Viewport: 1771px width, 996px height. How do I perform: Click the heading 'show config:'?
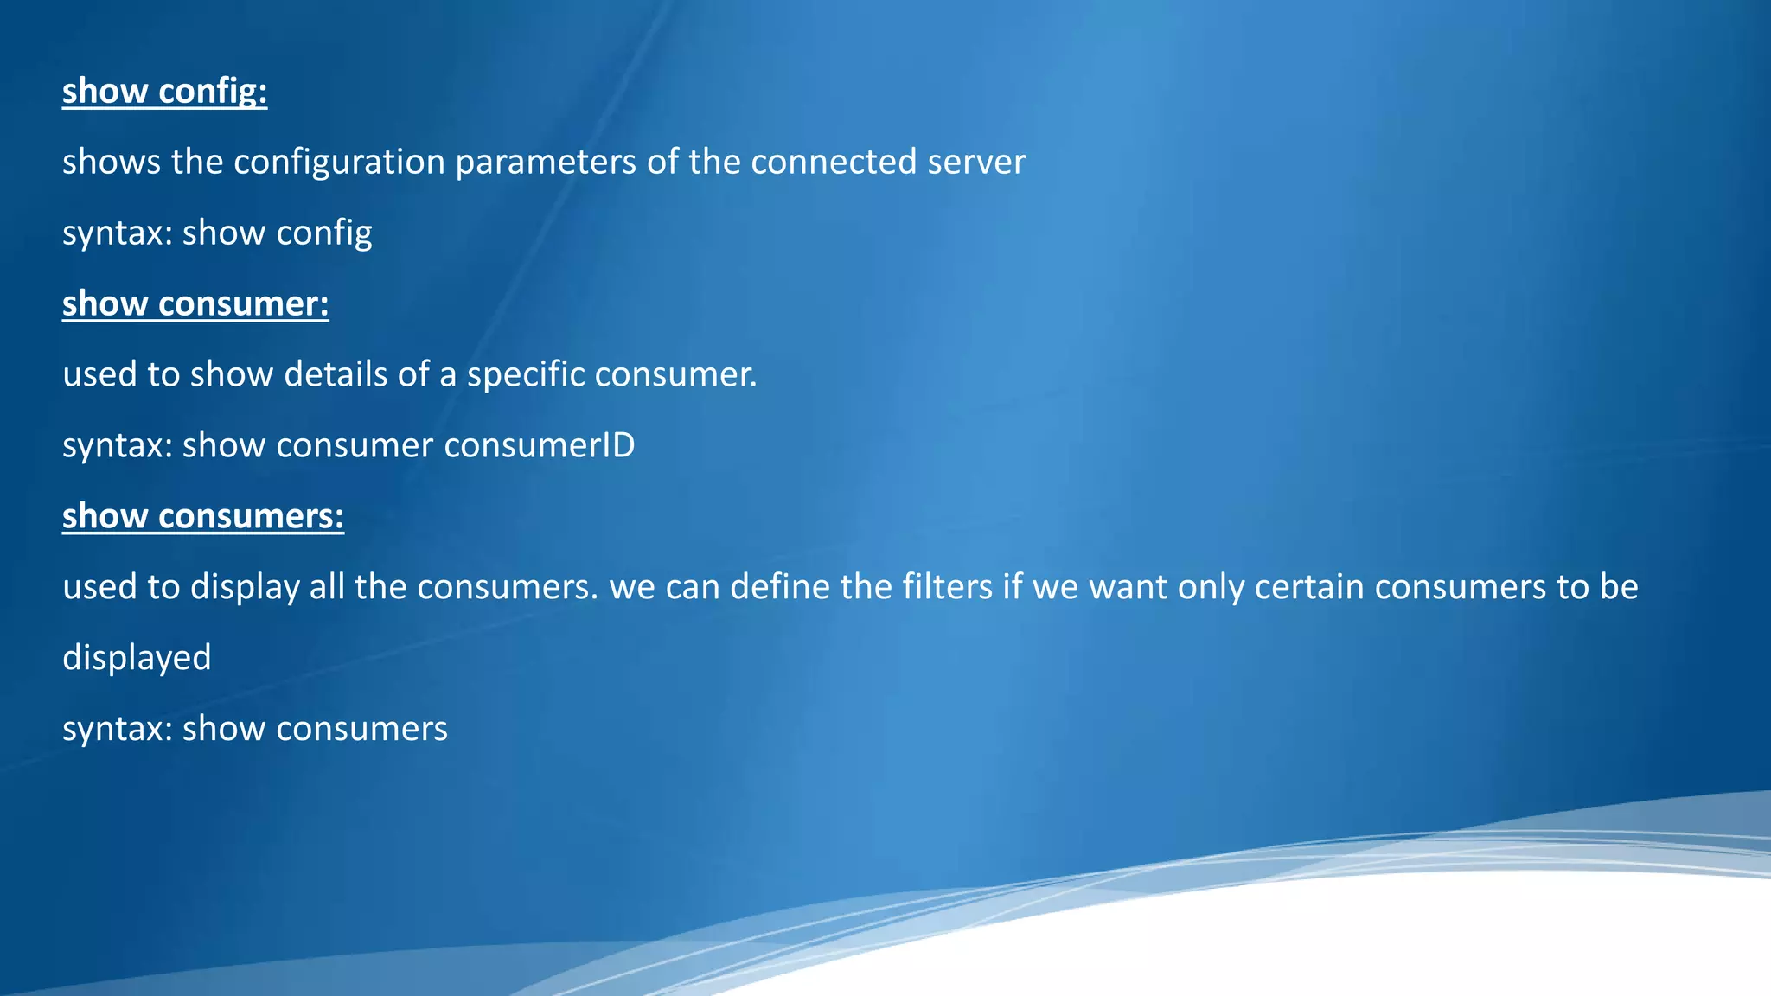(x=164, y=91)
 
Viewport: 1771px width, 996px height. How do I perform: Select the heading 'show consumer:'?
(x=195, y=303)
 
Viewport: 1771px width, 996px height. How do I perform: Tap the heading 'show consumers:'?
(x=203, y=516)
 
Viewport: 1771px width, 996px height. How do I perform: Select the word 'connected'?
(x=834, y=163)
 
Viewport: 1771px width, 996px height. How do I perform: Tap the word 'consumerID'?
(x=540, y=445)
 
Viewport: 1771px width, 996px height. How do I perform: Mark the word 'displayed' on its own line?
(x=137, y=658)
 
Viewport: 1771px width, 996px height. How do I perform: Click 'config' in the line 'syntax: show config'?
(x=324, y=233)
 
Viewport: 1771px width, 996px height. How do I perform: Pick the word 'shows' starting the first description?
(x=112, y=163)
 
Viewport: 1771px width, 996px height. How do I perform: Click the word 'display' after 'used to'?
(x=245, y=587)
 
